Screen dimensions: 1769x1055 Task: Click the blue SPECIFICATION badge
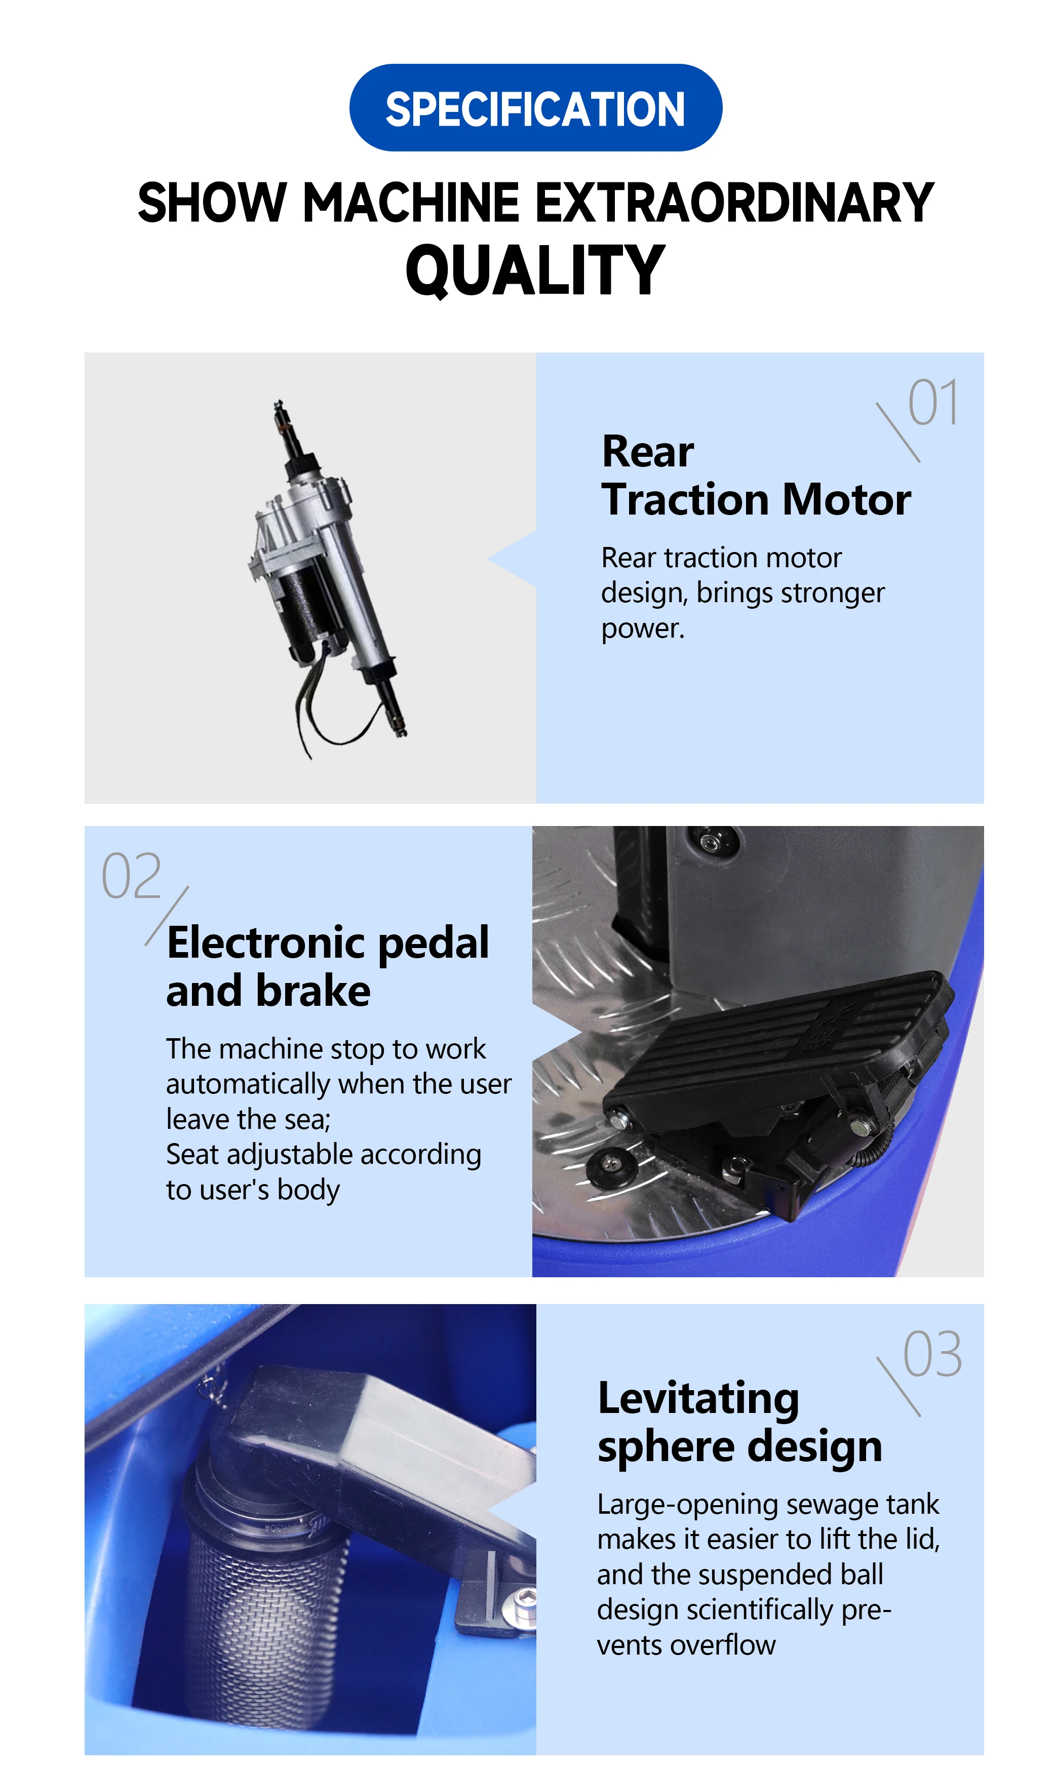[x=535, y=108]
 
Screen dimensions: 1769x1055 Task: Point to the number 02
[x=132, y=876]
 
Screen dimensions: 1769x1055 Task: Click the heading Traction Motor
[x=755, y=500]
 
